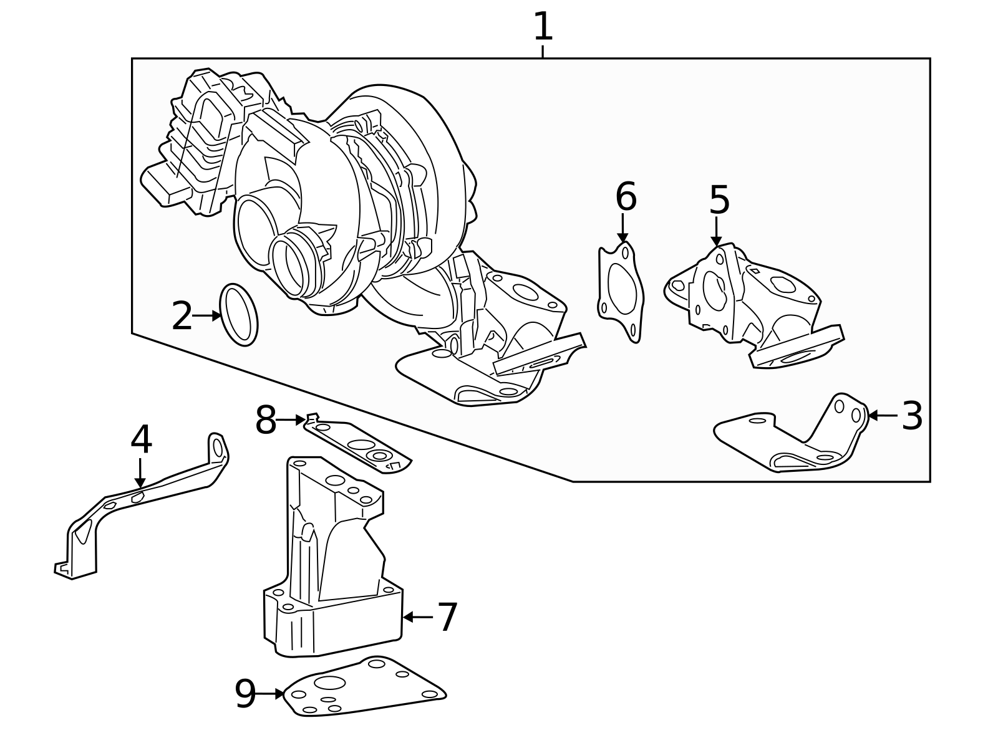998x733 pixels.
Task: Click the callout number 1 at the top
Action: pos(543,27)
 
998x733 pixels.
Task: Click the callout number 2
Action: pos(182,317)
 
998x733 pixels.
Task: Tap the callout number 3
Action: pos(912,416)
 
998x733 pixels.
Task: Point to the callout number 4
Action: pos(141,439)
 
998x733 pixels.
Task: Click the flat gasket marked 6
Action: pos(621,293)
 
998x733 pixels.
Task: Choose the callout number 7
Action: pos(447,617)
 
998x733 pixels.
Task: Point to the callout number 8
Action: pos(266,421)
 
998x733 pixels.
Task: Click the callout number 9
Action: pos(245,694)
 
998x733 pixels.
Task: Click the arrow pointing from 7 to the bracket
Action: pos(418,617)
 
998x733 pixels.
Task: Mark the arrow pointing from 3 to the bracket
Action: pos(882,415)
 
